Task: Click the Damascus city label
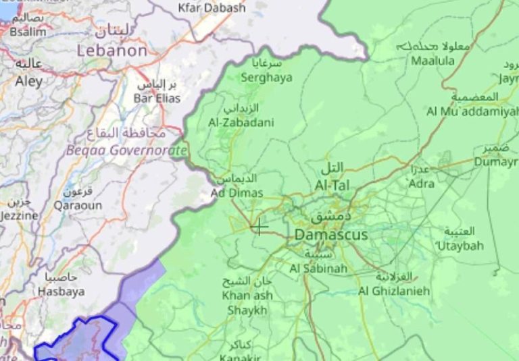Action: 331,235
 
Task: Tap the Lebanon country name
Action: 112,51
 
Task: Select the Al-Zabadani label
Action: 241,122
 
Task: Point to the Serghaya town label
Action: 267,78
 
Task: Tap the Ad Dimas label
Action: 237,193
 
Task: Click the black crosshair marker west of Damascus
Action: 259,227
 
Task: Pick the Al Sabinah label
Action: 318,269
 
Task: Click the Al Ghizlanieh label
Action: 394,291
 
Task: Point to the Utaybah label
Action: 460,246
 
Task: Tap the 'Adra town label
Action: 422,183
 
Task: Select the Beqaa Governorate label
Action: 126,150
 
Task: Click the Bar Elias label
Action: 157,99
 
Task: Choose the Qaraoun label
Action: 78,205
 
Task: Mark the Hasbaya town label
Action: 61,291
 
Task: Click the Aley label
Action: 28,81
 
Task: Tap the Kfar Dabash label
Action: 212,8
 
